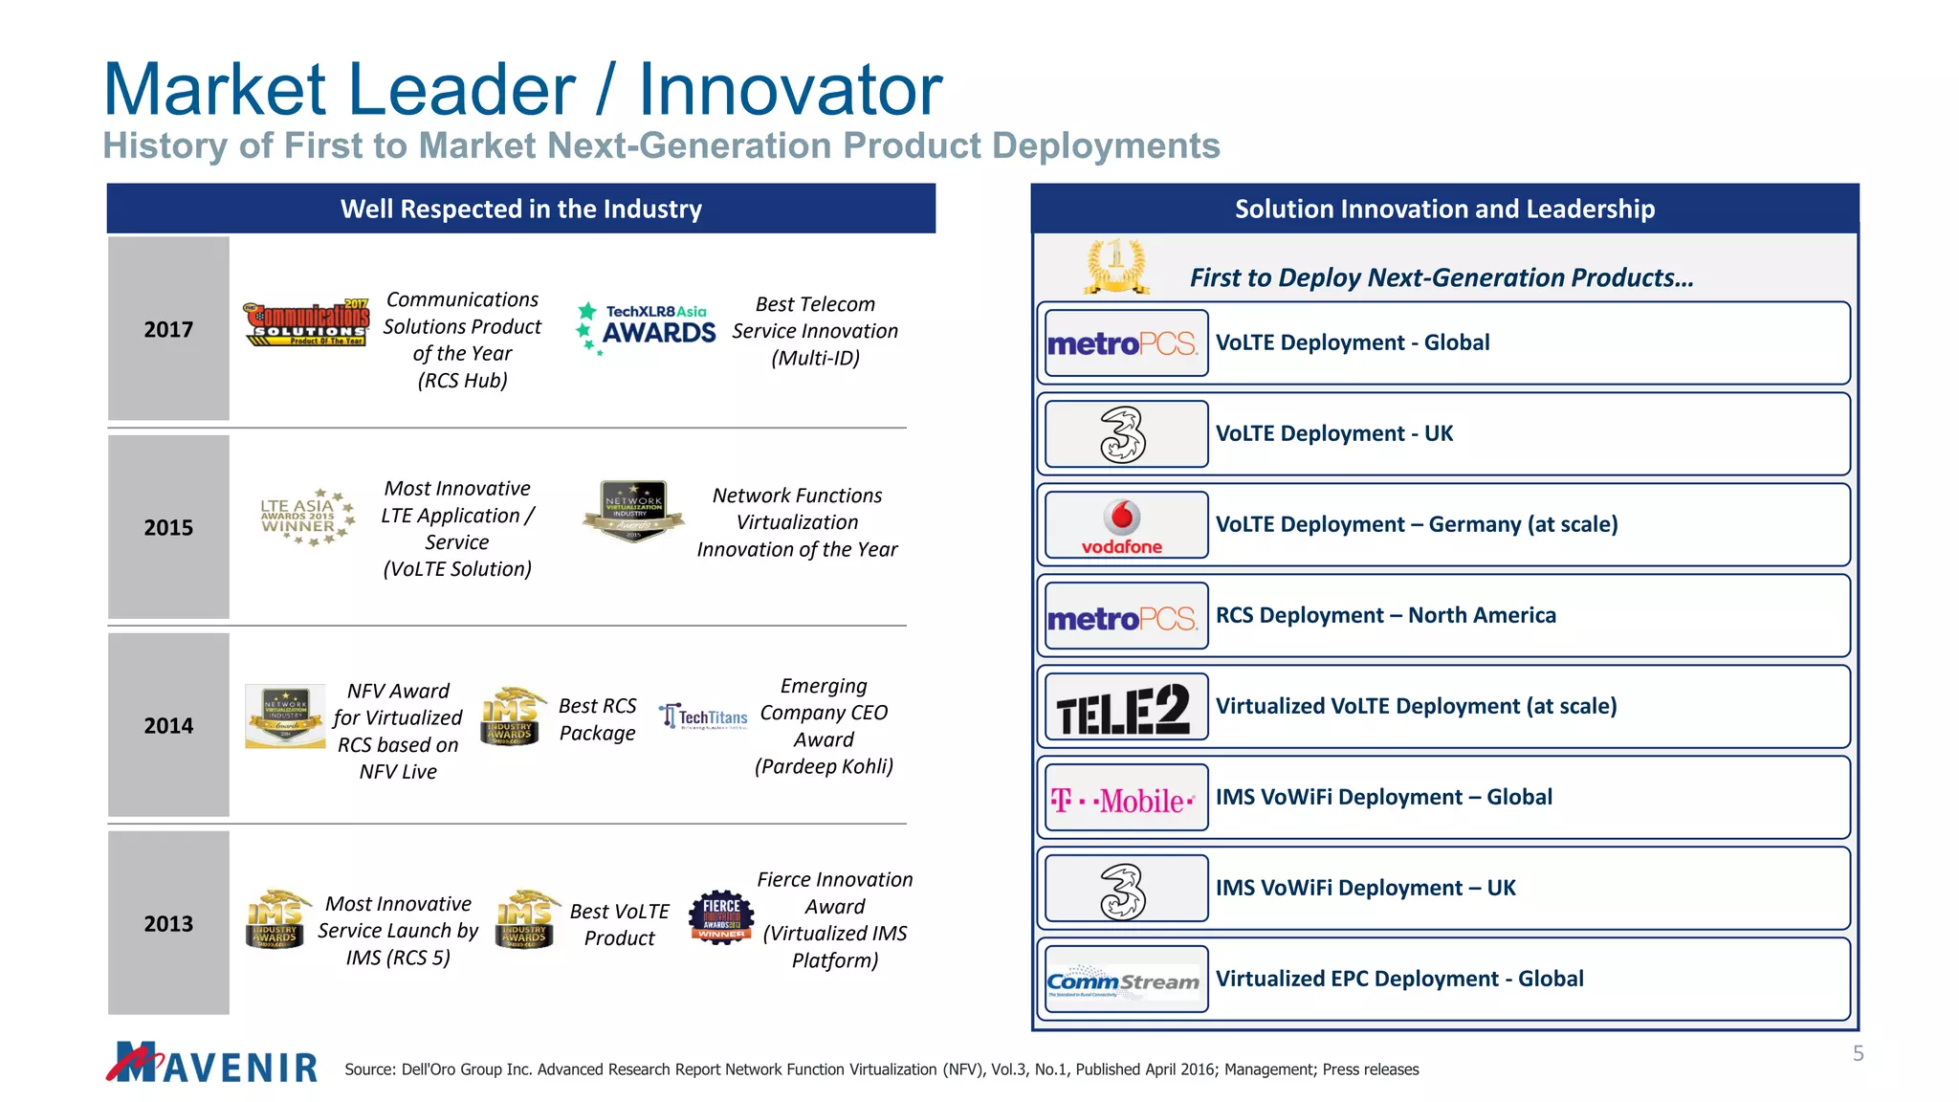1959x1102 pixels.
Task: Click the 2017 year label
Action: tap(168, 330)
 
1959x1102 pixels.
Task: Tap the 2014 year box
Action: tap(168, 725)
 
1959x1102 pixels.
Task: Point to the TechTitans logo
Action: tap(703, 716)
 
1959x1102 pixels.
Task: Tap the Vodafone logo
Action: tap(1122, 526)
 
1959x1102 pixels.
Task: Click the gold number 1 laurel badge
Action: tap(1116, 266)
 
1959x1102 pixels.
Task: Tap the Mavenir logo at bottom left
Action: tap(212, 1063)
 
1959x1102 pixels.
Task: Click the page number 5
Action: tap(1858, 1053)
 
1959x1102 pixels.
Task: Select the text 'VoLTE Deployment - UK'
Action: tap(1333, 433)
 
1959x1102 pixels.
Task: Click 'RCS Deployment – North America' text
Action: tap(1385, 615)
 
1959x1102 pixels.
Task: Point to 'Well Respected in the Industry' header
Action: tap(521, 209)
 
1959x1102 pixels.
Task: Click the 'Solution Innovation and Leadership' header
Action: tap(1444, 209)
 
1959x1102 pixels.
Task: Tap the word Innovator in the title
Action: tap(790, 90)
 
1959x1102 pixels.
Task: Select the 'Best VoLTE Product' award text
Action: tap(619, 924)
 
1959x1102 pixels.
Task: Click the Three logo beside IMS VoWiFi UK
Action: tap(1122, 890)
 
